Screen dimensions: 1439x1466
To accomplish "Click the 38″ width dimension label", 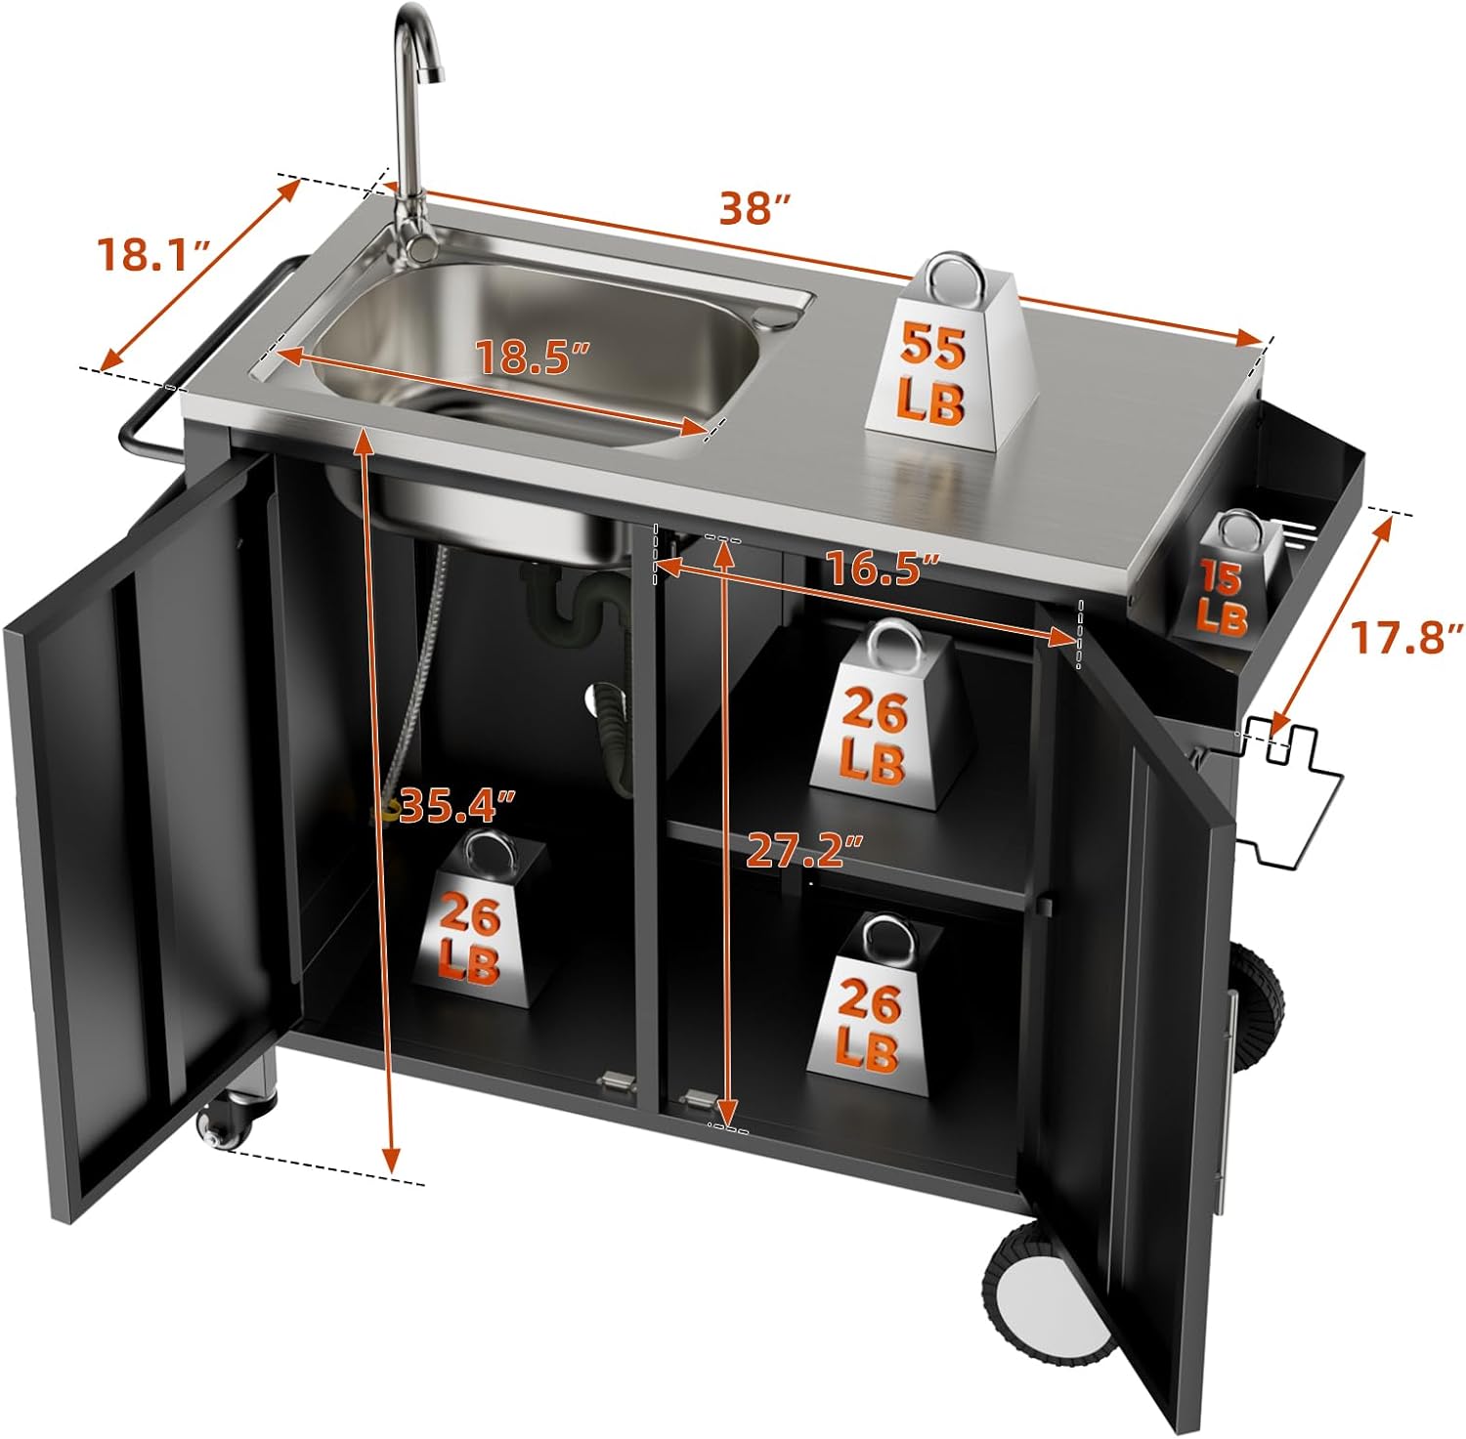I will [754, 208].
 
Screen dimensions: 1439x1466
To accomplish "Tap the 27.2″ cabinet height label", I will [805, 852].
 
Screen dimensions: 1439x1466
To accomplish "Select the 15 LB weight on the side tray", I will [1224, 581].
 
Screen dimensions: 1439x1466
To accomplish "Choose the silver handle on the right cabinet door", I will [1229, 1094].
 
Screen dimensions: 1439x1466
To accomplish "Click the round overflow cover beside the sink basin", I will [777, 315].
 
